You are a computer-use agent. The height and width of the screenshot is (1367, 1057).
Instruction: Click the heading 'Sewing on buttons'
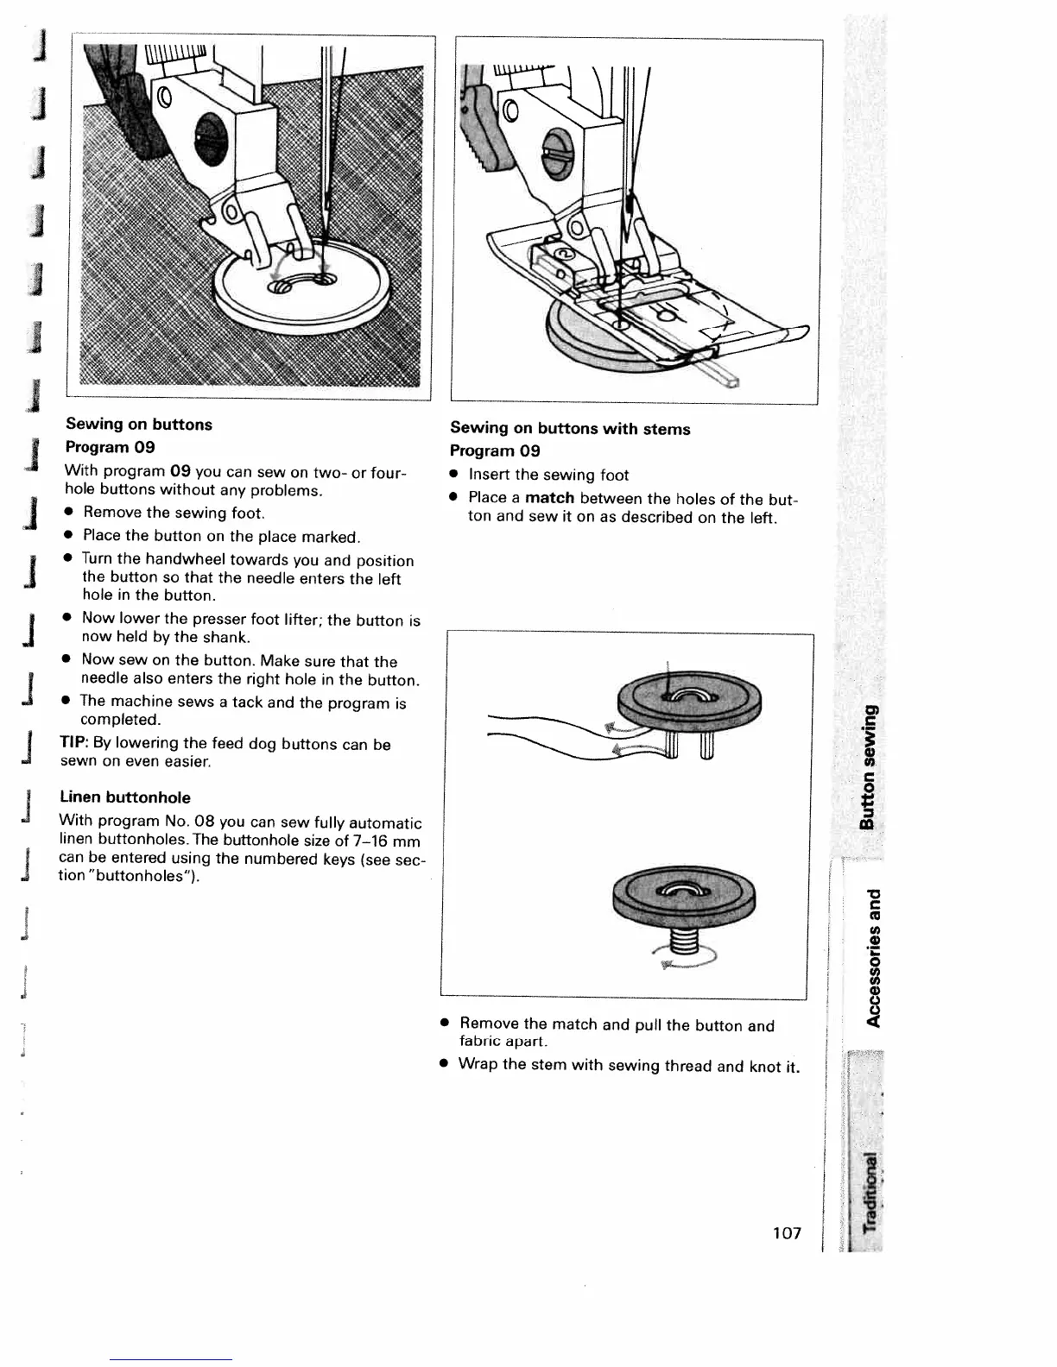tap(139, 425)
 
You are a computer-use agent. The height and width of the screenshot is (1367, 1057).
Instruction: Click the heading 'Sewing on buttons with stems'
tap(570, 429)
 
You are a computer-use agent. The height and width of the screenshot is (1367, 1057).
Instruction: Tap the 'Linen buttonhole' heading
tap(125, 797)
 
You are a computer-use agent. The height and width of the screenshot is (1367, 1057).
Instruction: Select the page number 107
tap(787, 1233)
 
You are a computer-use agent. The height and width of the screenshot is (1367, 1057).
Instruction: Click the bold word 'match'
tap(550, 498)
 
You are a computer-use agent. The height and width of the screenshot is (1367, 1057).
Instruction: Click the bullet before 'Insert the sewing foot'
tap(452, 474)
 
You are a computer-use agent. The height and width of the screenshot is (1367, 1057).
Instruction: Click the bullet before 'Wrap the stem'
tap(443, 1063)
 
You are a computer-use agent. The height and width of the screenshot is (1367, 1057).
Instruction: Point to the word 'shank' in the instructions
tap(224, 637)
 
